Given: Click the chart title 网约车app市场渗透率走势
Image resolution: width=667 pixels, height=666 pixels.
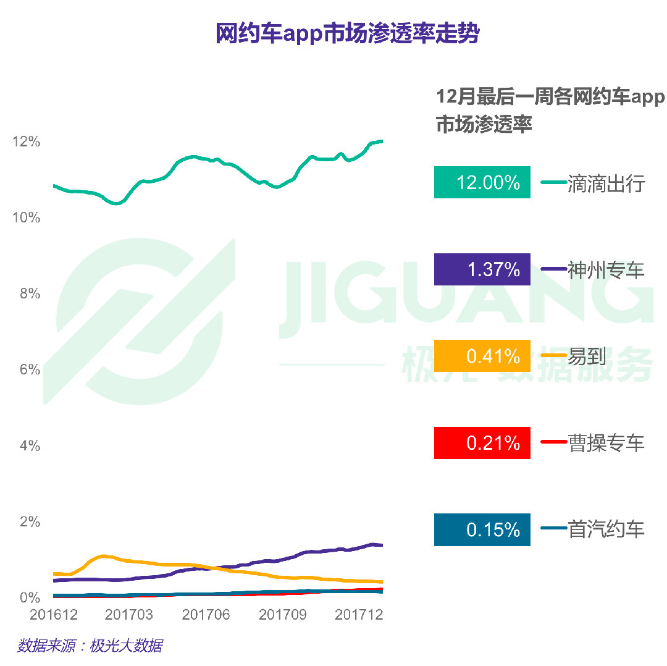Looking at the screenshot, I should click(x=347, y=34).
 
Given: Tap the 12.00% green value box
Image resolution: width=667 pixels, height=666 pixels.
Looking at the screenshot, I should click(x=482, y=183).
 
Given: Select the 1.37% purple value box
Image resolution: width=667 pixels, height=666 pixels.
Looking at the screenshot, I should click(x=482, y=269).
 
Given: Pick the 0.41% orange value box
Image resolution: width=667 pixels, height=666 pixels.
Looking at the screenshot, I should click(x=482, y=356).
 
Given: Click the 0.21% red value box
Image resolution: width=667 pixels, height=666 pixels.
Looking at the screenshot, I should click(x=482, y=443).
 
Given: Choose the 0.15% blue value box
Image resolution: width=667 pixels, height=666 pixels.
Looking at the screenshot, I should click(x=482, y=530).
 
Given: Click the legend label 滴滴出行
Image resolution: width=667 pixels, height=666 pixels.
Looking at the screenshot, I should click(x=606, y=183).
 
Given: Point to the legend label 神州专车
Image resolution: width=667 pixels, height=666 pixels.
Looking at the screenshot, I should click(x=606, y=270).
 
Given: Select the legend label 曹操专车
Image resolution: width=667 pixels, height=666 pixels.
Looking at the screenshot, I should click(x=606, y=443).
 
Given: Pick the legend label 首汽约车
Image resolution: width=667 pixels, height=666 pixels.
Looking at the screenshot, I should click(x=606, y=529).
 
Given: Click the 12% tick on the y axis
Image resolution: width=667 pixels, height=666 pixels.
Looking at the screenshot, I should click(x=27, y=141).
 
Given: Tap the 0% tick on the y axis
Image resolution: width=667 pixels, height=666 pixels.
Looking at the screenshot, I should click(x=30, y=597).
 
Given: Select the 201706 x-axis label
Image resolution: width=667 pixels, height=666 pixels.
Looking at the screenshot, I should click(x=206, y=615).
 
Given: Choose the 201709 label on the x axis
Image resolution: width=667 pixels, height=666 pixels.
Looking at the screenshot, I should click(x=282, y=615).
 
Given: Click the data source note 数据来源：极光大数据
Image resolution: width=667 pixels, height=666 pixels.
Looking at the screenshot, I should click(x=90, y=646).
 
